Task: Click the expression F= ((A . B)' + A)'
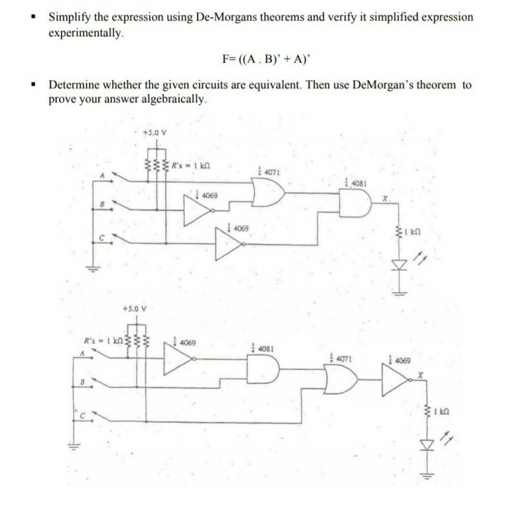pyautogui.click(x=268, y=58)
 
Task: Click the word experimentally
pyautogui.click(x=87, y=32)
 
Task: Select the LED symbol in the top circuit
pyautogui.click(x=400, y=265)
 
